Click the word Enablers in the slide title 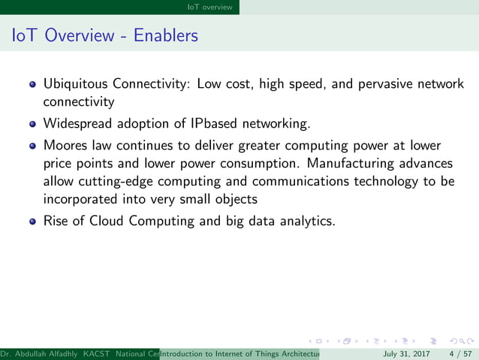tap(166, 35)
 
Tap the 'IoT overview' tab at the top tap(213, 7)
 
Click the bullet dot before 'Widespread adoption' tap(32, 123)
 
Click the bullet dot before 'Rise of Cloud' tap(32, 222)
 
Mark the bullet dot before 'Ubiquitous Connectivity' tap(32, 85)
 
